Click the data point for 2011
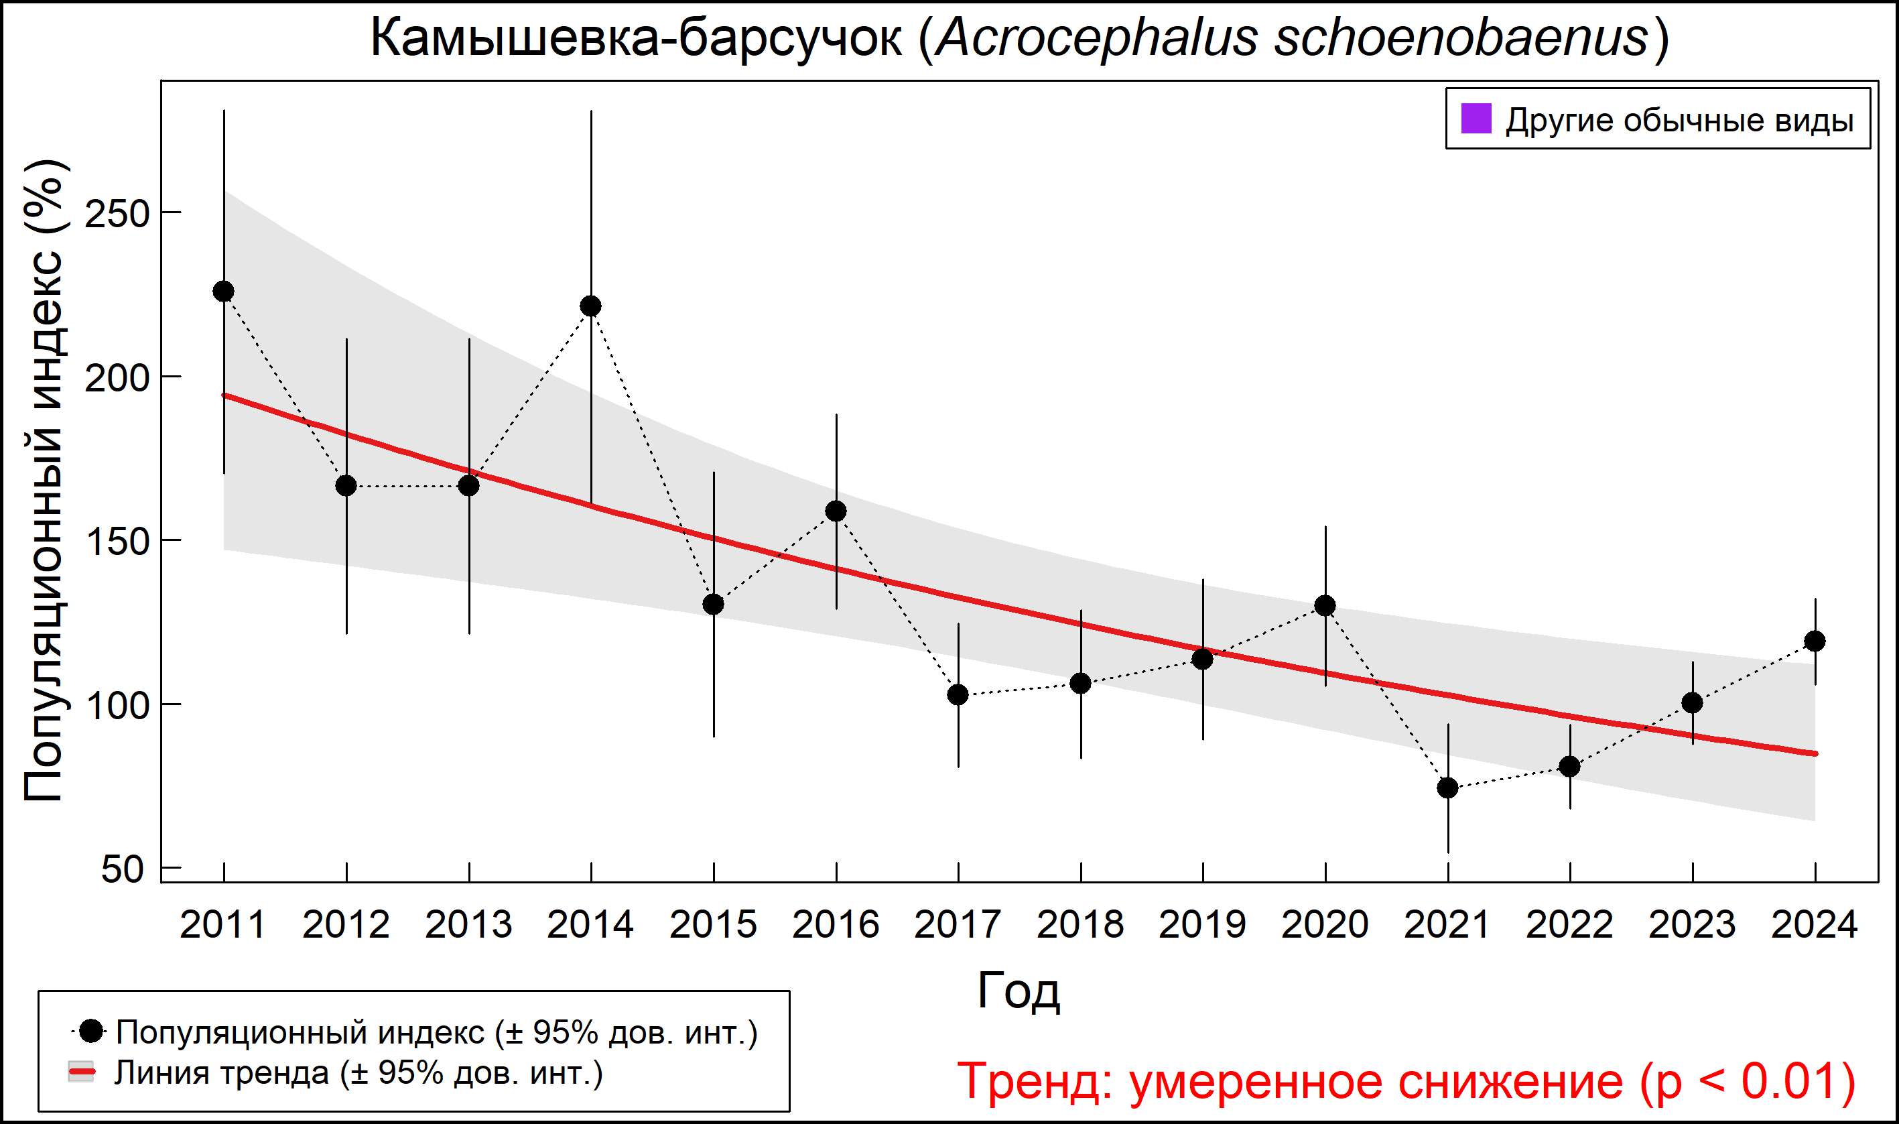pyautogui.click(x=223, y=292)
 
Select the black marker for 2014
pyautogui.click(x=590, y=306)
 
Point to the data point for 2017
pyautogui.click(x=958, y=694)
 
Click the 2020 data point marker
pyautogui.click(x=1325, y=605)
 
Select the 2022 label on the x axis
pyautogui.click(x=1569, y=925)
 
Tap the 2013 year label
pyautogui.click(x=468, y=925)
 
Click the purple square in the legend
pyautogui.click(x=1476, y=119)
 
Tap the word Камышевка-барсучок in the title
pyautogui.click(x=636, y=38)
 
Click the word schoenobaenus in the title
pyautogui.click(x=1461, y=38)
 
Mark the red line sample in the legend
pyautogui.click(x=82, y=1072)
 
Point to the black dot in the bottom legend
pyautogui.click(x=92, y=1031)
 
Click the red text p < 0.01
pyautogui.click(x=1749, y=1081)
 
